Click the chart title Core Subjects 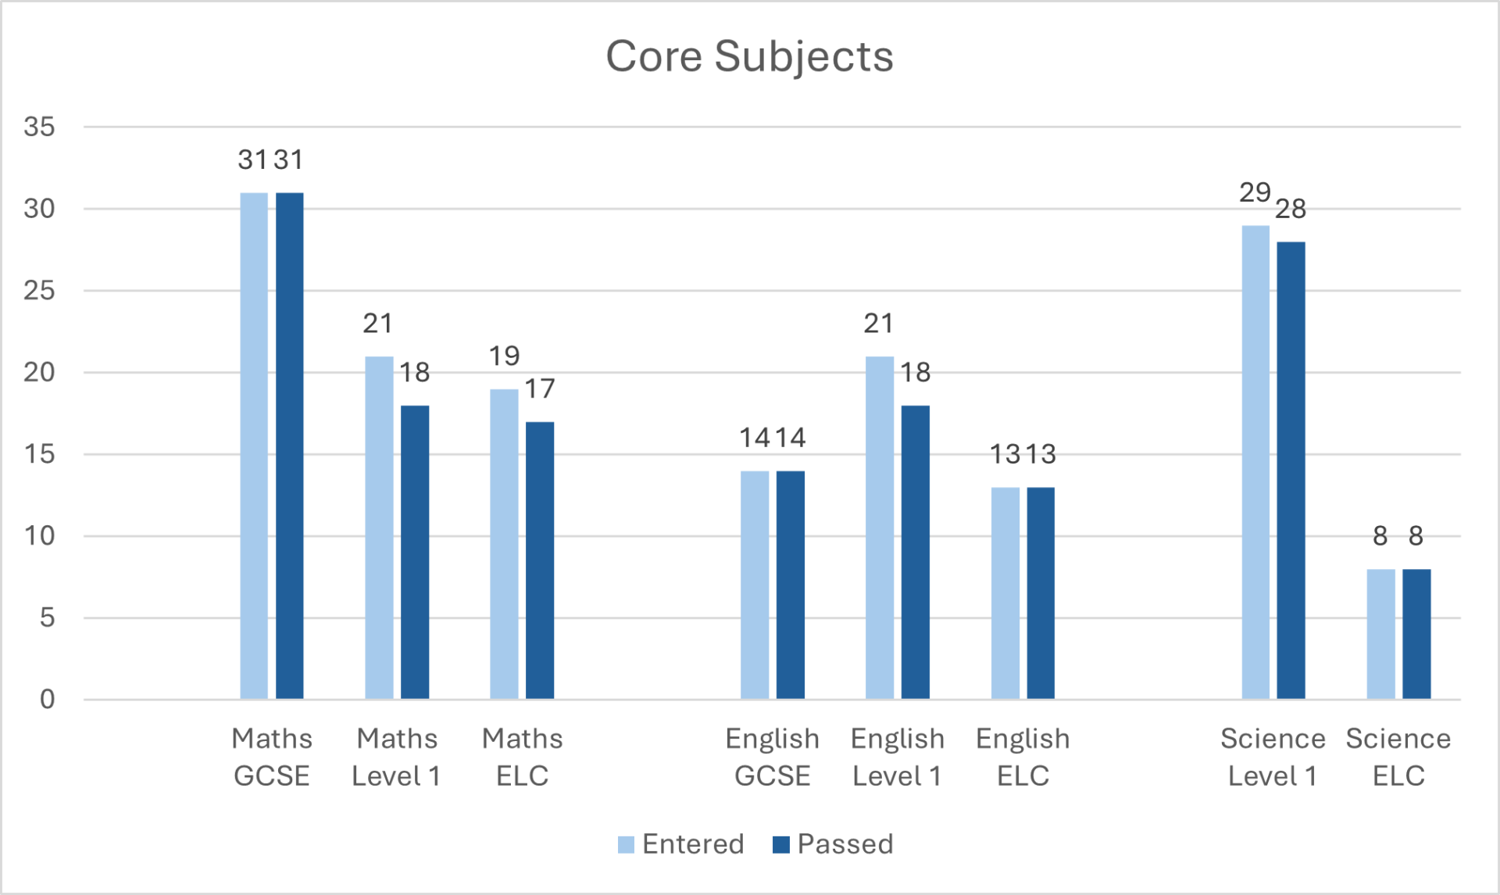(749, 56)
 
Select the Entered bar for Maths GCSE (254, 446)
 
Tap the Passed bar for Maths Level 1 (415, 552)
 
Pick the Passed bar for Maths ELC (540, 560)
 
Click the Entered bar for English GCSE (755, 585)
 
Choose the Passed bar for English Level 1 (916, 552)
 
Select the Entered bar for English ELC (1005, 592)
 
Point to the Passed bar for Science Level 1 (1291, 470)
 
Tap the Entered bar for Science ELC (1380, 634)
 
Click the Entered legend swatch (626, 845)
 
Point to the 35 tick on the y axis (39, 127)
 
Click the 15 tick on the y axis (39, 454)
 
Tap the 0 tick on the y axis (47, 699)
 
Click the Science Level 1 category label (1273, 757)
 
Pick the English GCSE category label (772, 757)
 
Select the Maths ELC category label (522, 757)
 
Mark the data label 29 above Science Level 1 (1255, 192)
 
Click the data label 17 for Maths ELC (540, 388)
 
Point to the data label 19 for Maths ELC (504, 356)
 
